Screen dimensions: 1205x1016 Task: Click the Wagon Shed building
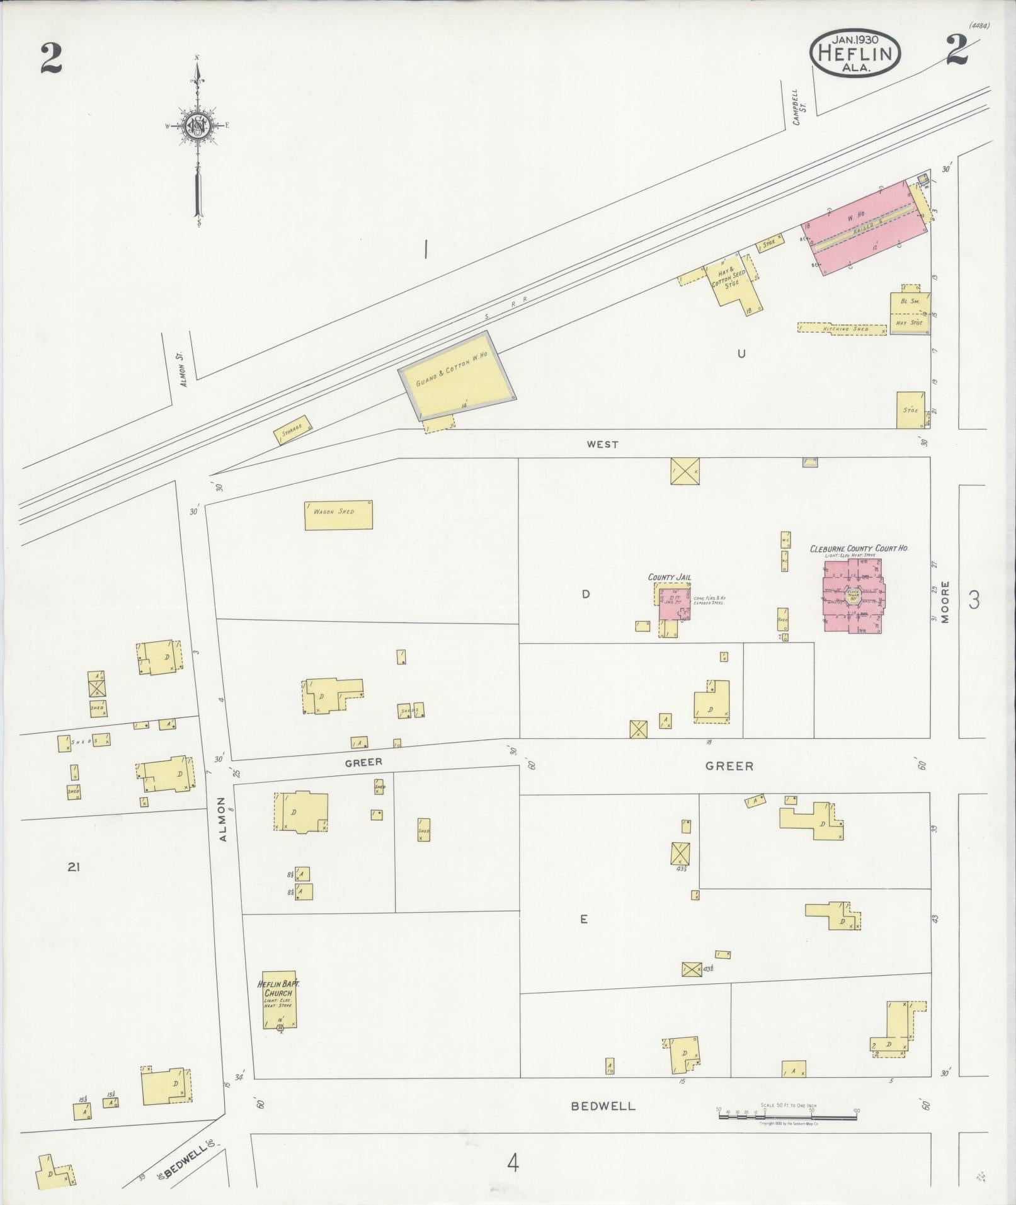coord(338,515)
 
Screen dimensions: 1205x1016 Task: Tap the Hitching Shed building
coord(842,328)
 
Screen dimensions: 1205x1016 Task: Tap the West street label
coord(602,444)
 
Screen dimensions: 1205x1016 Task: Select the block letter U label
coord(741,354)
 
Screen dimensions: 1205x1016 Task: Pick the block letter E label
coord(584,919)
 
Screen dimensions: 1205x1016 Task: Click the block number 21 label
coord(74,867)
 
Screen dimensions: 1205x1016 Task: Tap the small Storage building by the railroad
coord(293,429)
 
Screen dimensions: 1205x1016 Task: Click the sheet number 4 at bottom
coord(513,1162)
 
